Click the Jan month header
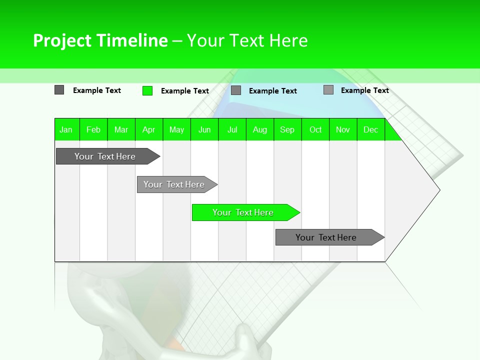(66, 129)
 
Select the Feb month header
(93, 129)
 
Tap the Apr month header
(149, 129)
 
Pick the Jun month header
(204, 129)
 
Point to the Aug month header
(260, 129)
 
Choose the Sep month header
(287, 129)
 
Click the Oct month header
(315, 129)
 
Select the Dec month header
(371, 129)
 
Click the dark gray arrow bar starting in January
(105, 156)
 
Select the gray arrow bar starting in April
(174, 184)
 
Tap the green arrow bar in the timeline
(243, 212)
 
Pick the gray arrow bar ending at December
(326, 237)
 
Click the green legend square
(147, 90)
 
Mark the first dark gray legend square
(59, 90)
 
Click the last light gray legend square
(328, 90)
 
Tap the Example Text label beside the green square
(185, 91)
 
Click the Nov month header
(343, 129)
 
